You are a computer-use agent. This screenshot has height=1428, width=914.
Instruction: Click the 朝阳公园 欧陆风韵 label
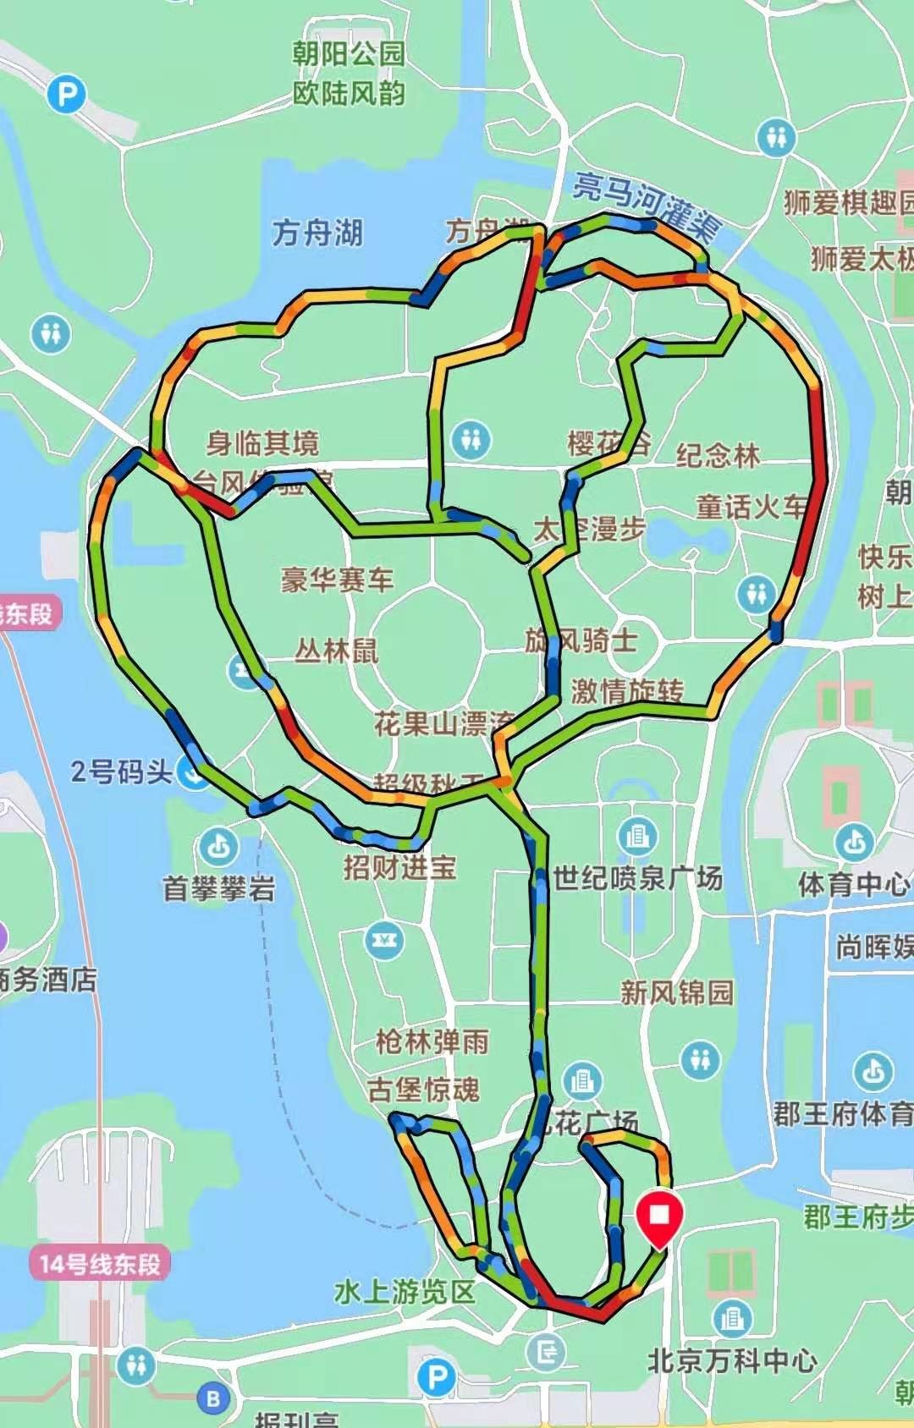tap(349, 74)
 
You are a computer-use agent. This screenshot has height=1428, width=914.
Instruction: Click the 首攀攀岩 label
tap(218, 889)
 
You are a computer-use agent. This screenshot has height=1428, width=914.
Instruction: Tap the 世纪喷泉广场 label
tap(637, 878)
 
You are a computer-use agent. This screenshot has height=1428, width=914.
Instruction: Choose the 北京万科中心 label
tap(732, 1360)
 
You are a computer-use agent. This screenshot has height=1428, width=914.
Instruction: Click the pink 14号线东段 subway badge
tap(99, 1265)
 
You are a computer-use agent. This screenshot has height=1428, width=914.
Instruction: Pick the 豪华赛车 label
tap(338, 579)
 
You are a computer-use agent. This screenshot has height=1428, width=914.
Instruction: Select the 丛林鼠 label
tap(336, 651)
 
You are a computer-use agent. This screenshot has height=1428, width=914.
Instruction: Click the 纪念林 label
tap(718, 455)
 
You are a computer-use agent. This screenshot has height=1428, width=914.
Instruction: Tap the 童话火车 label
tap(752, 507)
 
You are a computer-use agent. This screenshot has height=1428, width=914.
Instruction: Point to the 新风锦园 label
tap(676, 991)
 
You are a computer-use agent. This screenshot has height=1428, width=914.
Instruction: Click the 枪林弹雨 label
tap(432, 1041)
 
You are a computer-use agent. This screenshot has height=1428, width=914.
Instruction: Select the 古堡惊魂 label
tap(423, 1089)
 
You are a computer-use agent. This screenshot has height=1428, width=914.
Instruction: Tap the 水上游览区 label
tap(405, 1292)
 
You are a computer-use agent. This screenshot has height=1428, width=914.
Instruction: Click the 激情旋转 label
tap(626, 691)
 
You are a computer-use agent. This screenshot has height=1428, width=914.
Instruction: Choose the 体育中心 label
tap(853, 885)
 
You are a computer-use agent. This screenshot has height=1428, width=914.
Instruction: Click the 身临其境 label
tap(263, 442)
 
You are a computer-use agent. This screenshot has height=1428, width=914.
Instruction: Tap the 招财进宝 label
tap(399, 867)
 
